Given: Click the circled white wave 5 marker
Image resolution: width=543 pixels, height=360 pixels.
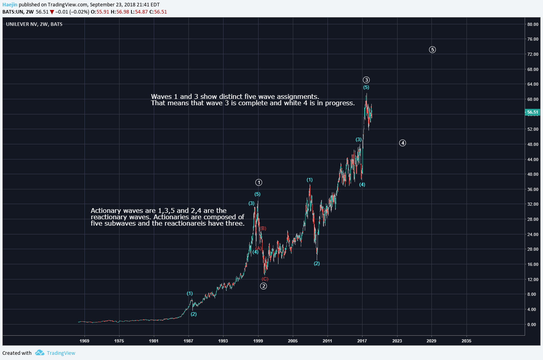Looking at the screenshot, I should [432, 50].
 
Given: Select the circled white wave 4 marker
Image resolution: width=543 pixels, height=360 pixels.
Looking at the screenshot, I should [403, 143].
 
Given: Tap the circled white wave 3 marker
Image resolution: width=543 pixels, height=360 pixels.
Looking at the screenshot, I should [367, 80].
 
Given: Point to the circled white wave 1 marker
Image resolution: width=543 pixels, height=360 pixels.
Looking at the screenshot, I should [259, 183].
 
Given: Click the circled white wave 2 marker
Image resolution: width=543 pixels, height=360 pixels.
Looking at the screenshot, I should [263, 286].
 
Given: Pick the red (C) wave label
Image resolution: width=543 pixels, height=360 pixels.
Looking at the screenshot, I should [265, 279].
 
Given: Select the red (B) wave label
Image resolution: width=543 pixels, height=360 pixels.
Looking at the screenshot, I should [263, 228].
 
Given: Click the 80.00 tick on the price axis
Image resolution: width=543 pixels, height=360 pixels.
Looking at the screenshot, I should [533, 24].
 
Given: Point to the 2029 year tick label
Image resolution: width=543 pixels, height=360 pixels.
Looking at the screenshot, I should [431, 341].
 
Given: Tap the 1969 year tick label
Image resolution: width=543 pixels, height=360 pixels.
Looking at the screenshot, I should [84, 341].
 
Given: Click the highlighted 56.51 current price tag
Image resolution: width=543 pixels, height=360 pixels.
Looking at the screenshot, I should [533, 112].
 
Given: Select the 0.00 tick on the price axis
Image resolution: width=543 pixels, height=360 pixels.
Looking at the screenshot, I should [531, 325].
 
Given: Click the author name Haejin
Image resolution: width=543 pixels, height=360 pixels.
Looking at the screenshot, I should [10, 5].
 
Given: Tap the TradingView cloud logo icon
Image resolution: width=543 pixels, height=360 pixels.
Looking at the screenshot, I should [39, 353].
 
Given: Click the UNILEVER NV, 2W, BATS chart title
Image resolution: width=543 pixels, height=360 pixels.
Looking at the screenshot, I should [34, 24].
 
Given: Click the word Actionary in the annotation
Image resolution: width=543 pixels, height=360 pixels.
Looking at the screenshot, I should [106, 210].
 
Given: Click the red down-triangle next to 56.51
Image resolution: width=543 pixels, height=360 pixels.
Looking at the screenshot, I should [52, 12].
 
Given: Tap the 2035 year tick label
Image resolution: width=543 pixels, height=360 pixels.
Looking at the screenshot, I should [466, 341].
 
